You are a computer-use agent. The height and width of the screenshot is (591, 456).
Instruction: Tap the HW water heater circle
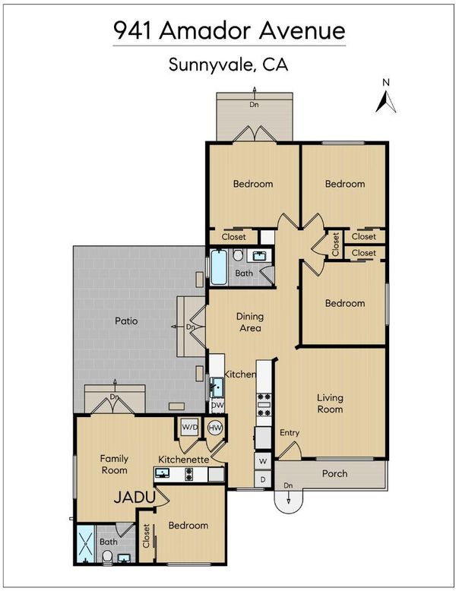pos(215,428)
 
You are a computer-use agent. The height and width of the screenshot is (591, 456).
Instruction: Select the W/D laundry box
pos(190,427)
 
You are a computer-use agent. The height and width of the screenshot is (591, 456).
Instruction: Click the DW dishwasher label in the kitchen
pos(217,406)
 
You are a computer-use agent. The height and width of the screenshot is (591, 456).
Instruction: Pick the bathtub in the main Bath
pos(219,267)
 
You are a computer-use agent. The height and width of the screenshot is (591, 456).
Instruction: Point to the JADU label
pos(135,498)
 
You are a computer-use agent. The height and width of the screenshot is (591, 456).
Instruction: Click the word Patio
pos(126,321)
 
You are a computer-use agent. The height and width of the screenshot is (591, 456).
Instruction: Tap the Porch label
pos(334,473)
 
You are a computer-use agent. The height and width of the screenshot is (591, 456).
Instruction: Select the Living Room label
pos(330,403)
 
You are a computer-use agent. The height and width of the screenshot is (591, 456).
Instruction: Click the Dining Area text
pos(250,322)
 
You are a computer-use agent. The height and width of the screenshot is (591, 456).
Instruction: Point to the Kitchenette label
pos(183,460)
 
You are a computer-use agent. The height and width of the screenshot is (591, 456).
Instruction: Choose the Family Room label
pos(114,464)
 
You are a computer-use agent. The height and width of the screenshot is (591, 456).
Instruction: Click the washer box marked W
pos(263,461)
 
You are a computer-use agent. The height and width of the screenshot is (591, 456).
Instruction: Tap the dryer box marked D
pos(263,479)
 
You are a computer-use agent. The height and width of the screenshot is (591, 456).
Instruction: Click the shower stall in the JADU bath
pos(86,543)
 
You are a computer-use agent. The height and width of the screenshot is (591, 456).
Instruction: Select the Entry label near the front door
pos(290,433)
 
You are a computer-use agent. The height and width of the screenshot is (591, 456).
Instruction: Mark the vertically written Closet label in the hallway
pos(335,244)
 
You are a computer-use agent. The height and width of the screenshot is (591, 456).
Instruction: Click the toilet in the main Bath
pos(238,255)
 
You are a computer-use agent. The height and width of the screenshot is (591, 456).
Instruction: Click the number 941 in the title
pos(132,31)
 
